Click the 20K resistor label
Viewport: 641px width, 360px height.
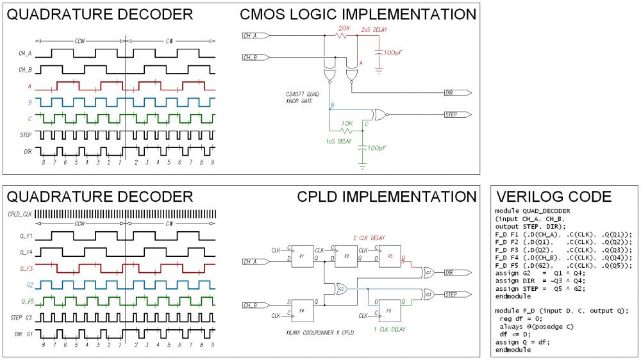pyautogui.click(x=344, y=29)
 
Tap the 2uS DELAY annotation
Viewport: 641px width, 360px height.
pyautogui.click(x=374, y=29)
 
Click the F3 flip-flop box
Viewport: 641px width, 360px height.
pyautogui.click(x=389, y=256)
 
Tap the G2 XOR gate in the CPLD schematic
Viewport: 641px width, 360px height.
pyautogui.click(x=342, y=289)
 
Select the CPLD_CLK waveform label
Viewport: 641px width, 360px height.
pyautogui.click(x=19, y=214)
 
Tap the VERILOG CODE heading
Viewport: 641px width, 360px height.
pyautogui.click(x=553, y=197)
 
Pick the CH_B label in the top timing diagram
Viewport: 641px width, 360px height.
pyautogui.click(x=24, y=69)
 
